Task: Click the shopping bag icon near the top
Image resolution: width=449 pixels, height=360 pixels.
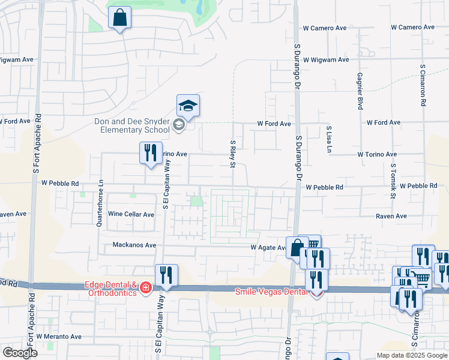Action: [x=120, y=18]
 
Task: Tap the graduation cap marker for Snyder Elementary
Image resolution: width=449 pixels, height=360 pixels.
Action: [x=188, y=106]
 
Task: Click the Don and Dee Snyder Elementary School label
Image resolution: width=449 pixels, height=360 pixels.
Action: [x=132, y=125]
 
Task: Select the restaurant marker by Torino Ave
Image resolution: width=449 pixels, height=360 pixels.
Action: [x=150, y=152]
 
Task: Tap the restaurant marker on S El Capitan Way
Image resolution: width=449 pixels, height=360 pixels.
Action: [x=166, y=275]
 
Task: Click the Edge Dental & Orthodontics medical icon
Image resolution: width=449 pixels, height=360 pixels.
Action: [x=145, y=289]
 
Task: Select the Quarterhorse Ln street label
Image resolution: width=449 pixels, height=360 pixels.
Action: [x=100, y=205]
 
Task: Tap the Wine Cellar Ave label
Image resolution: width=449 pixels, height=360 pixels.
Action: [x=131, y=214]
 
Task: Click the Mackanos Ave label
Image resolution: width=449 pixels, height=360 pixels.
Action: [x=134, y=245]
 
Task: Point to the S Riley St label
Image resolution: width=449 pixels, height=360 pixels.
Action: [x=233, y=154]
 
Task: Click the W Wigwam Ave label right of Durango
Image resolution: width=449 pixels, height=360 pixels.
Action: [x=325, y=60]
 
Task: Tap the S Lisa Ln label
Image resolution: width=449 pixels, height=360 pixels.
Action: [x=329, y=138]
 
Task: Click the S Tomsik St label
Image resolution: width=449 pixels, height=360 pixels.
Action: [x=393, y=181]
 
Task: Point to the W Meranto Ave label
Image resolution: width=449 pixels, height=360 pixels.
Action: [x=58, y=337]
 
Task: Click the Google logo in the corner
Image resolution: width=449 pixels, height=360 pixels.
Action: [x=20, y=353]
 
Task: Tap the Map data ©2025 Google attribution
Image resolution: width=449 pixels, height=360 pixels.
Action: [x=411, y=355]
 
